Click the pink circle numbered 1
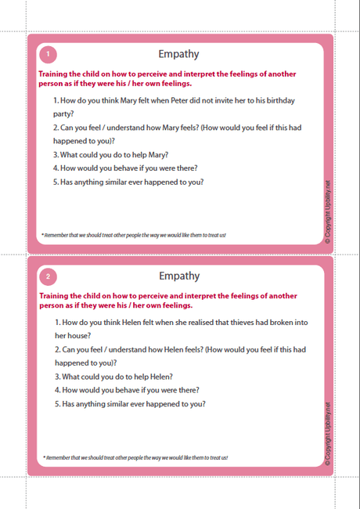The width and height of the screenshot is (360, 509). point(48,54)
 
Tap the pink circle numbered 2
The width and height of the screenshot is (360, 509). point(48,276)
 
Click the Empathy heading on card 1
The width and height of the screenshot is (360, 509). point(178,54)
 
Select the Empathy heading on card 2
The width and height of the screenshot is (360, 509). point(178,276)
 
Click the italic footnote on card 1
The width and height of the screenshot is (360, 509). point(133,234)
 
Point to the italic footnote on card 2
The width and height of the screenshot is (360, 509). point(135,457)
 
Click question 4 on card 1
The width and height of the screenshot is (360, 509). point(125,168)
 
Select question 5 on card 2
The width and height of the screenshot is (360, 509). point(130,404)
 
